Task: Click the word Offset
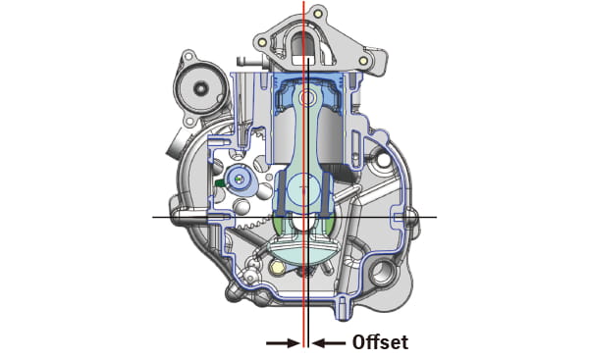(x=379, y=342)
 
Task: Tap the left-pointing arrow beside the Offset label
(x=329, y=342)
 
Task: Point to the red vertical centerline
(x=303, y=147)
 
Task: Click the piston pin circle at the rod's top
(x=307, y=97)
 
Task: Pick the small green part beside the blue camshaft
(x=220, y=181)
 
